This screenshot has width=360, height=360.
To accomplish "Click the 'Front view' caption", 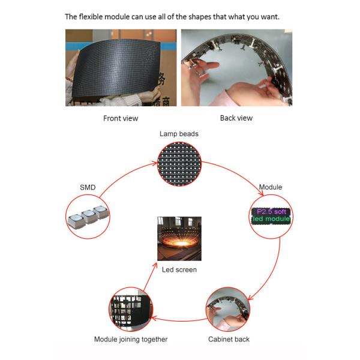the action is point(121,118).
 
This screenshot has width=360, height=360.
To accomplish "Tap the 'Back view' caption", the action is point(236,118).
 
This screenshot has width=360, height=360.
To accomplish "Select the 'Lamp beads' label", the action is point(179,134).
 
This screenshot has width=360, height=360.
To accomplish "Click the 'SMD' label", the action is point(88,187).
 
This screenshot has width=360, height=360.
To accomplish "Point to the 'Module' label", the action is point(271,187).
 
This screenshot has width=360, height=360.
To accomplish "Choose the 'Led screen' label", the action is point(179,269).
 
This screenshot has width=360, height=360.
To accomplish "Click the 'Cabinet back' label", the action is point(229,339).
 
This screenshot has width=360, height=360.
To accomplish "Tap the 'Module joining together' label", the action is point(131,339).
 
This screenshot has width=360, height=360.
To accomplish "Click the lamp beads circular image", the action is point(179,164).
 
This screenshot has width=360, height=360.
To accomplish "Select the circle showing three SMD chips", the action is point(88,217).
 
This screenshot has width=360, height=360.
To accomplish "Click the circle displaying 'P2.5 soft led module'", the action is point(271,217).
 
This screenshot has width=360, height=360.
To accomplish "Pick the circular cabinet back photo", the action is point(228,309).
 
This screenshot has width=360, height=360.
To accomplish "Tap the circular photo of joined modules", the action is point(131,309).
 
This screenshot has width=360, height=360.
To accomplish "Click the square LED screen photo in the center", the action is point(179,239).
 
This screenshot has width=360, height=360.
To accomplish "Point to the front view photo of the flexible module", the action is point(121,67).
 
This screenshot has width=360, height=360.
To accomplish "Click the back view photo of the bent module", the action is point(237,67).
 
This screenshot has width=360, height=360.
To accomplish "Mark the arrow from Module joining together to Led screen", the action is point(151,277).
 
